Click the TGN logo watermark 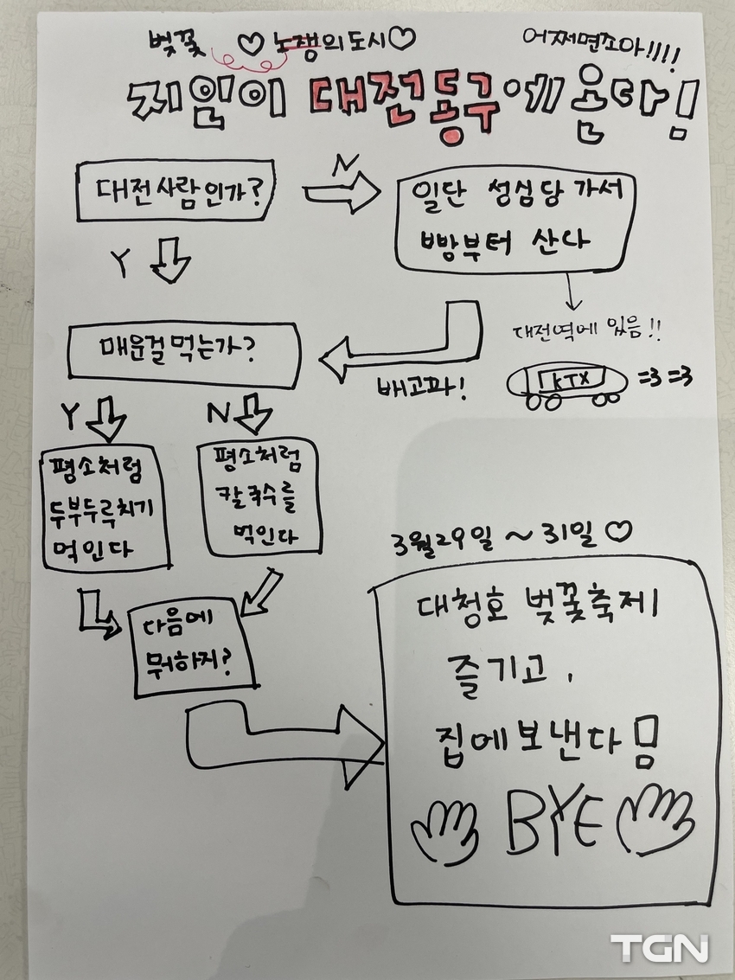pyautogui.click(x=660, y=947)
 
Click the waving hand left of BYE pyautogui.click(x=445, y=830)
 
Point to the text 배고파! pyautogui.click(x=423, y=390)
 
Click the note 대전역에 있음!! pyautogui.click(x=586, y=330)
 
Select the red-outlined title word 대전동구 pyautogui.click(x=406, y=106)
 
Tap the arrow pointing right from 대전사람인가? pyautogui.click(x=342, y=193)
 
